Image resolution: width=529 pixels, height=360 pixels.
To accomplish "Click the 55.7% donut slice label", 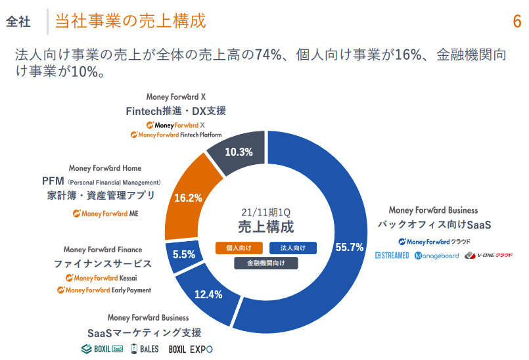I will (x=349, y=248).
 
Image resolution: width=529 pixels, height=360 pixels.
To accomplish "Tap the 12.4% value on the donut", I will (x=209, y=294).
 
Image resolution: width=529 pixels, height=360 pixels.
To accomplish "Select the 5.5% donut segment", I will (x=184, y=254).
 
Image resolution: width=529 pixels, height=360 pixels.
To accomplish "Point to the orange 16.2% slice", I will (x=188, y=197).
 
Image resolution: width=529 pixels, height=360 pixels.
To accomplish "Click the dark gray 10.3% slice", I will (x=239, y=152).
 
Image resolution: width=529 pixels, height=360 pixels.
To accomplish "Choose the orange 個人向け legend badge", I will (x=239, y=248).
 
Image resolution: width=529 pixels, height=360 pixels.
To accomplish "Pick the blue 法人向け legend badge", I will (x=293, y=248).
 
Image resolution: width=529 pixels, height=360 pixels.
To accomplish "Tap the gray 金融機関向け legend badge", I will (x=266, y=263).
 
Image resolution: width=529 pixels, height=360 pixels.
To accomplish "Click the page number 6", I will (x=517, y=21).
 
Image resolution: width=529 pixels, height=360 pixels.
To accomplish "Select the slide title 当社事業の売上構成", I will (x=130, y=21).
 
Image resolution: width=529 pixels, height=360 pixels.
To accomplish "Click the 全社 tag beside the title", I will (x=18, y=22).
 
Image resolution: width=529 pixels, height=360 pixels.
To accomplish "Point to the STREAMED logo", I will (x=392, y=256).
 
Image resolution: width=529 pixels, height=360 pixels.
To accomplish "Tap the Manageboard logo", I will (x=437, y=256).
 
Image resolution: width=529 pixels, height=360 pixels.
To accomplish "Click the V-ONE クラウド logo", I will (x=488, y=256).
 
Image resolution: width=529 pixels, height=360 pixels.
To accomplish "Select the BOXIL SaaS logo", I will (x=102, y=348).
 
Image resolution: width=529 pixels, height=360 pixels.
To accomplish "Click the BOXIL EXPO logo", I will (x=191, y=349).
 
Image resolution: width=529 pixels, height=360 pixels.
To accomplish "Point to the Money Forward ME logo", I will (x=106, y=214).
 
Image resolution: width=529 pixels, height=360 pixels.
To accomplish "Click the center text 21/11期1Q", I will (x=265, y=213).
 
